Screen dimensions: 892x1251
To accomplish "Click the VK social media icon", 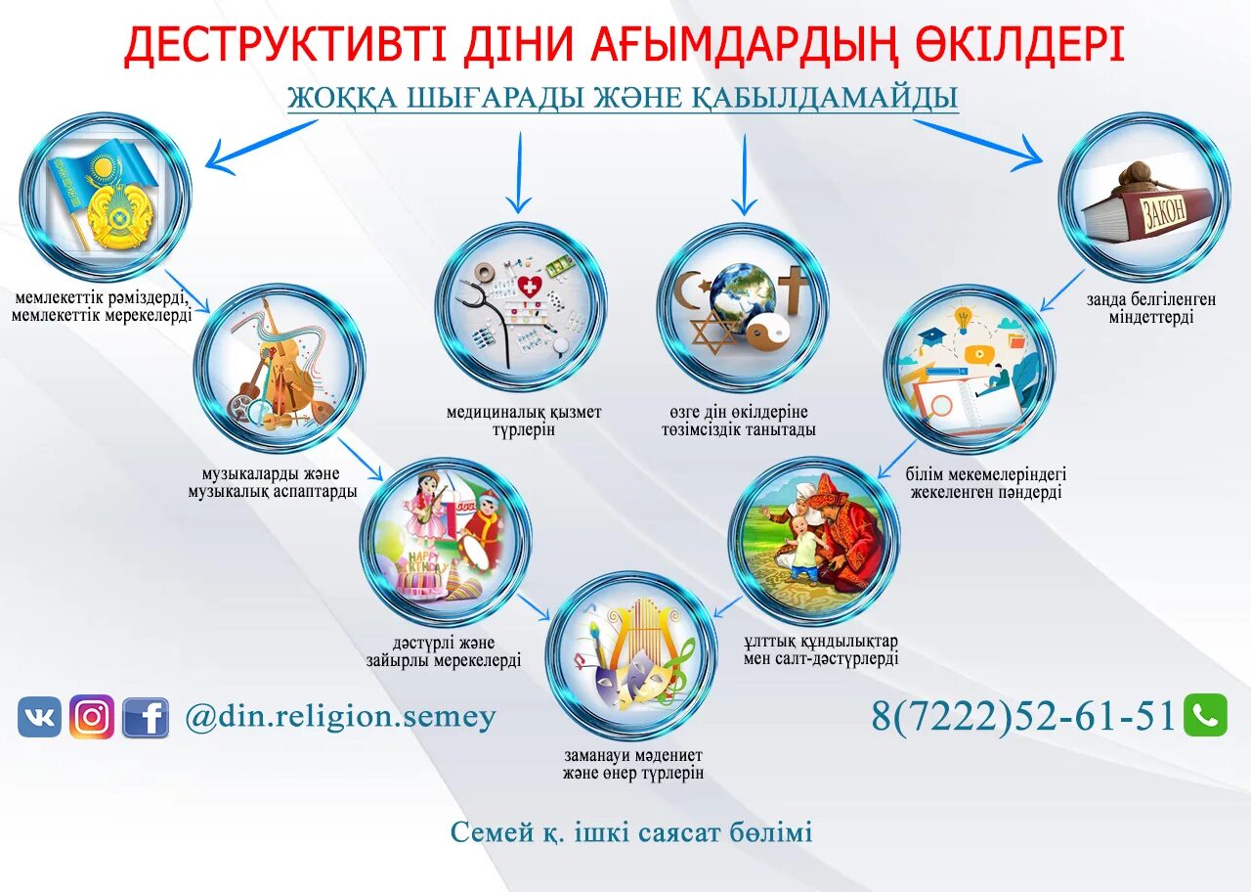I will (39, 717).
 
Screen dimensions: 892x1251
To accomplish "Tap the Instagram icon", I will (92, 717).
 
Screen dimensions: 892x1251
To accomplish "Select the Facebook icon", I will (146, 718).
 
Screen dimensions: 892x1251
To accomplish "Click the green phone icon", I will (1205, 715).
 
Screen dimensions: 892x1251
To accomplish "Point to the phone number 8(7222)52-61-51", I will (1022, 717).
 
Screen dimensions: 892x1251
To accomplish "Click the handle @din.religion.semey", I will (341, 717).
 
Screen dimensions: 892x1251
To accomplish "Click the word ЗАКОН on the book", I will (1164, 212).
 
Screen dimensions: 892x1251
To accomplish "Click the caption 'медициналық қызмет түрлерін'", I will (524, 421).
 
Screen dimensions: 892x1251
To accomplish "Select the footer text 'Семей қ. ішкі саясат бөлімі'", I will (631, 832).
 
